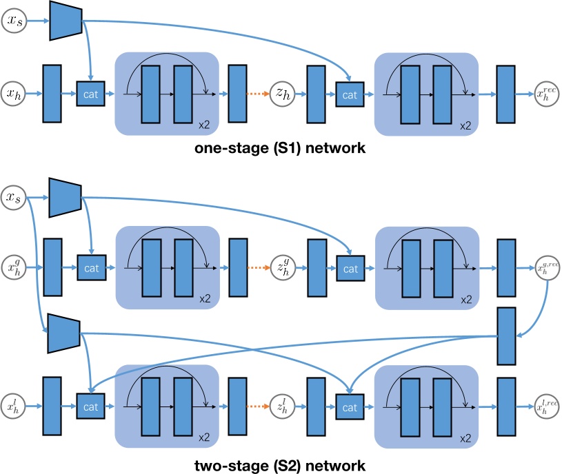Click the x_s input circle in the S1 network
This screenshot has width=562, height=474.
[x=14, y=21]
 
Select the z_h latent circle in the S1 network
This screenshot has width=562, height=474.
[x=283, y=93]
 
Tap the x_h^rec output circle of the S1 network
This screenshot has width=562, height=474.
[x=547, y=93]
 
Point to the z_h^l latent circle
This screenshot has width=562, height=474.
[x=283, y=407]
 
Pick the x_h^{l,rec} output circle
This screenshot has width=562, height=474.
[x=547, y=407]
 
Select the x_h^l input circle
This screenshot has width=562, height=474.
[x=14, y=407]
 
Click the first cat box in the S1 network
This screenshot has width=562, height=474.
[x=90, y=93]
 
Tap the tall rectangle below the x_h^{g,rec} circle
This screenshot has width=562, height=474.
[x=507, y=336]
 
